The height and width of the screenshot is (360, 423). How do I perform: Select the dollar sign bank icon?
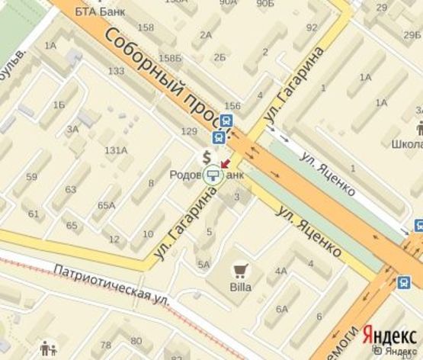point(206,156)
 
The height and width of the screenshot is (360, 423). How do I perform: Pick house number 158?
point(145,28)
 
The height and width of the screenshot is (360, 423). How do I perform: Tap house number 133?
point(116,71)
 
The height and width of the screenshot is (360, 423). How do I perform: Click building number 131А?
point(116,149)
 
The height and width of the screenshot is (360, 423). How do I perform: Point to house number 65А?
point(107,205)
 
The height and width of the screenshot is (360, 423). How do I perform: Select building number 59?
point(31,177)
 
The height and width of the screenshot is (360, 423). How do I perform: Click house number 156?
point(233,106)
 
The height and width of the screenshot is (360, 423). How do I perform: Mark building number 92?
point(311,27)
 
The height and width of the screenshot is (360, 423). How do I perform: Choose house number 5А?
point(203,264)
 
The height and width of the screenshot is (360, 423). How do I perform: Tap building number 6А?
point(282,308)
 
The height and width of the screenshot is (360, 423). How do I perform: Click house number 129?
point(189,132)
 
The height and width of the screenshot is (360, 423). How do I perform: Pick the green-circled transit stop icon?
point(215,176)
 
